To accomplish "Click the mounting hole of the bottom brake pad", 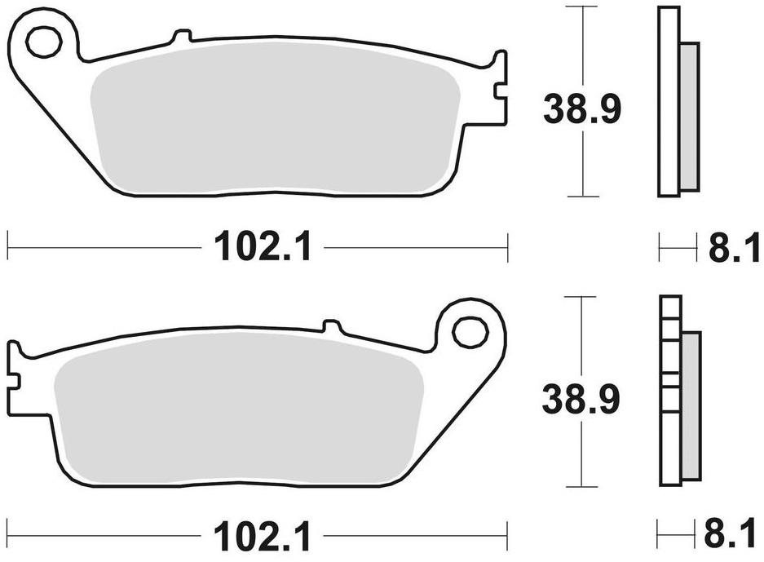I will [470, 332].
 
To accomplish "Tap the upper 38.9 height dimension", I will [582, 109].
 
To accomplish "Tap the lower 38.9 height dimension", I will [582, 399].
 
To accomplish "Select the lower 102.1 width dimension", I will [263, 538].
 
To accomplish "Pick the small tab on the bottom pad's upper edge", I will [332, 325].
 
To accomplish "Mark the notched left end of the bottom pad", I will [14, 374].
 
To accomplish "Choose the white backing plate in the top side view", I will [668, 102].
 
